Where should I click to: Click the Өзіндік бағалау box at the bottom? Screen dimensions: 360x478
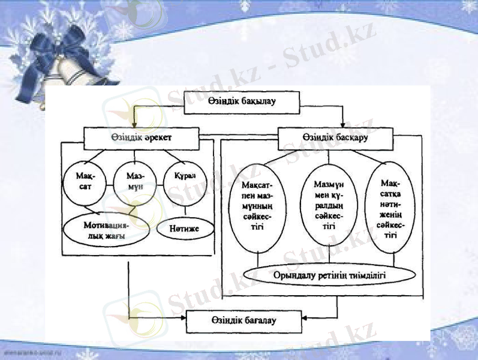click(x=242, y=322)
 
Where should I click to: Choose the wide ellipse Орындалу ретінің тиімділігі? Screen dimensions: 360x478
click(x=329, y=275)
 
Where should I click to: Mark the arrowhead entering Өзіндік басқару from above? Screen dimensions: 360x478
click(x=342, y=124)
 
